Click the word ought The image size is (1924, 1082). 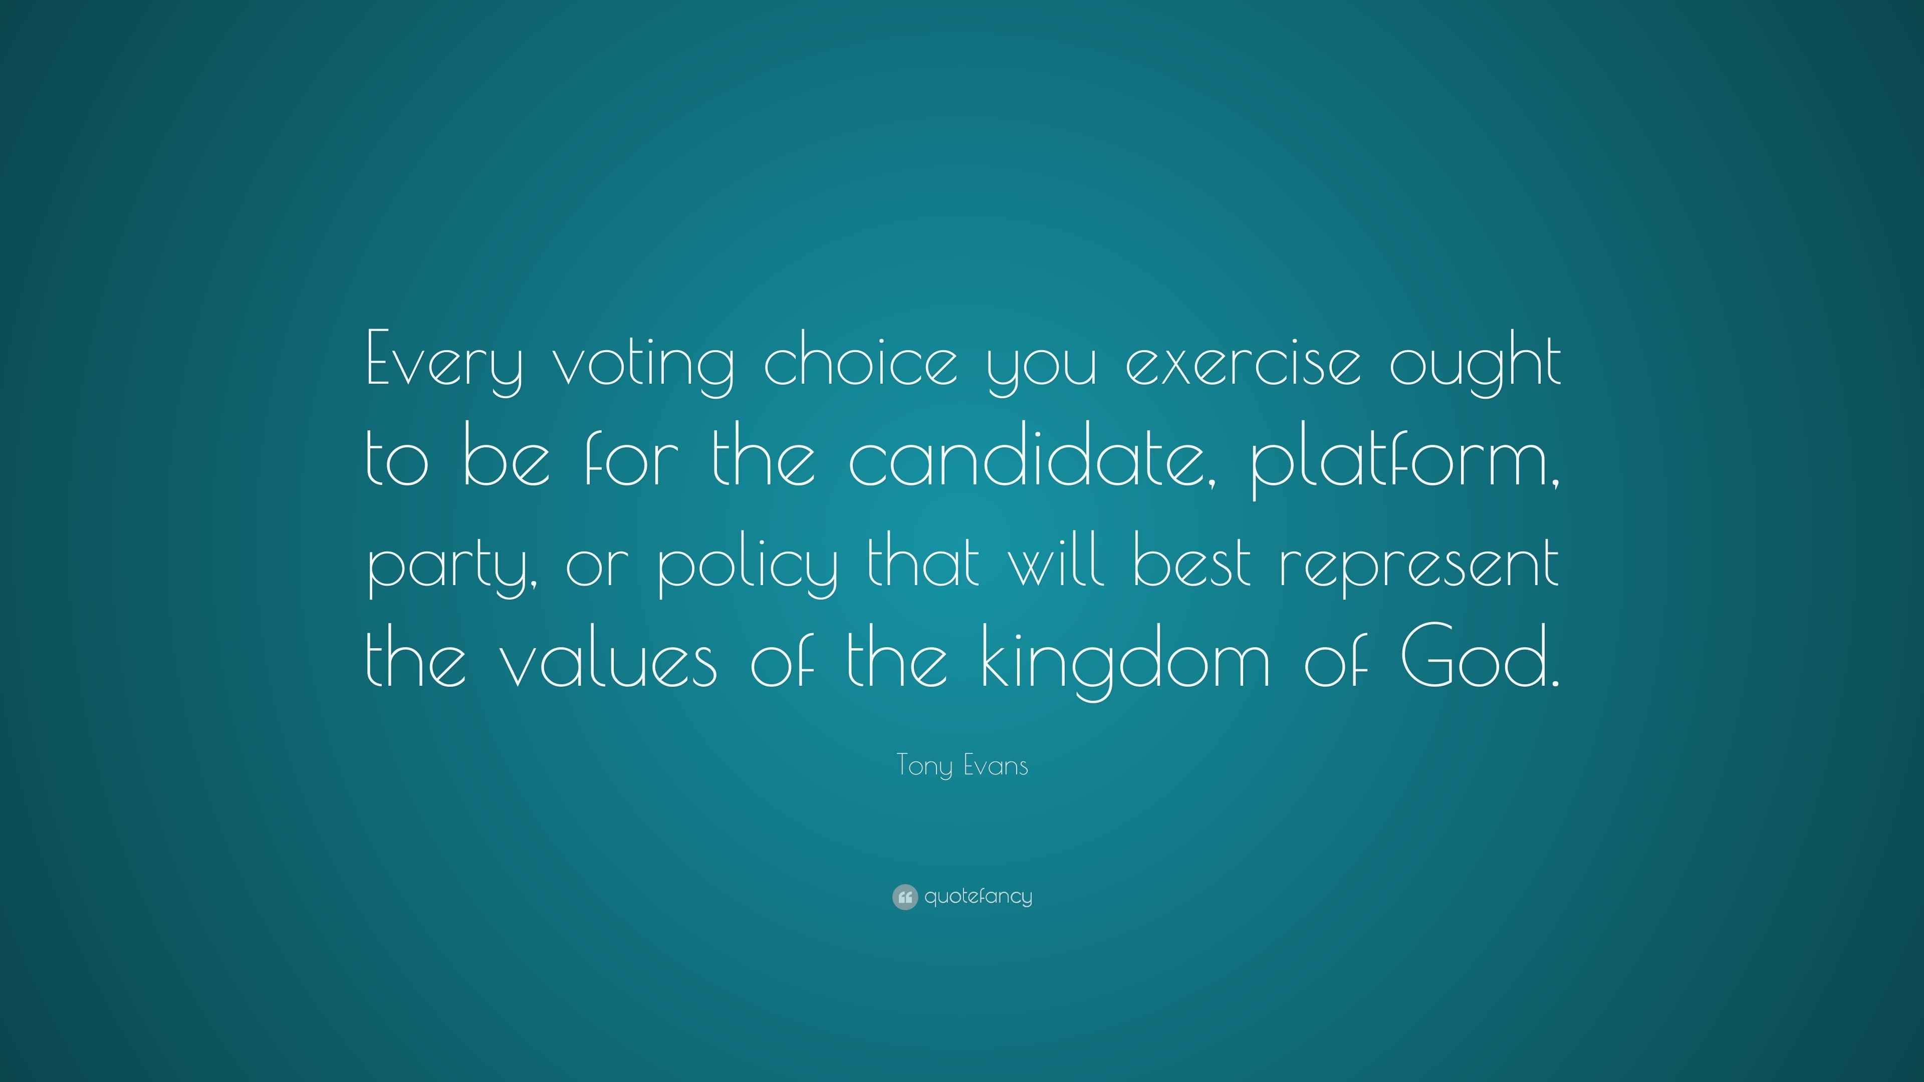point(1475,363)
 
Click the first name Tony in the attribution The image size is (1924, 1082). point(924,766)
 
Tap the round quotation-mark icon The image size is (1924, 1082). point(904,897)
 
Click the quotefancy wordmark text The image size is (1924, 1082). point(979,897)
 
